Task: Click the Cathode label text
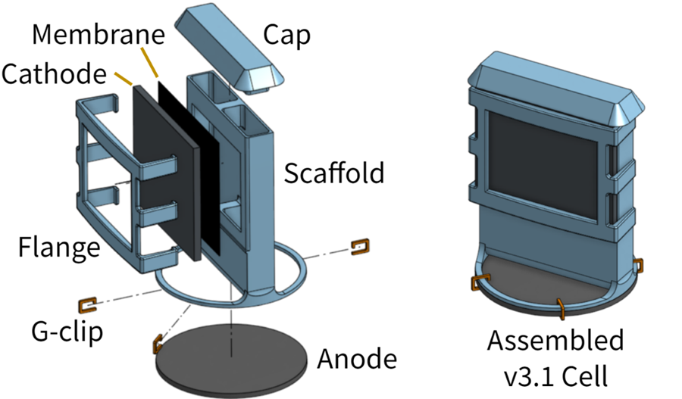point(55,74)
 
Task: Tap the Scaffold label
point(333,173)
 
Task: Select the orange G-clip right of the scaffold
point(360,247)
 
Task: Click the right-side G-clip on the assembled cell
point(638,265)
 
